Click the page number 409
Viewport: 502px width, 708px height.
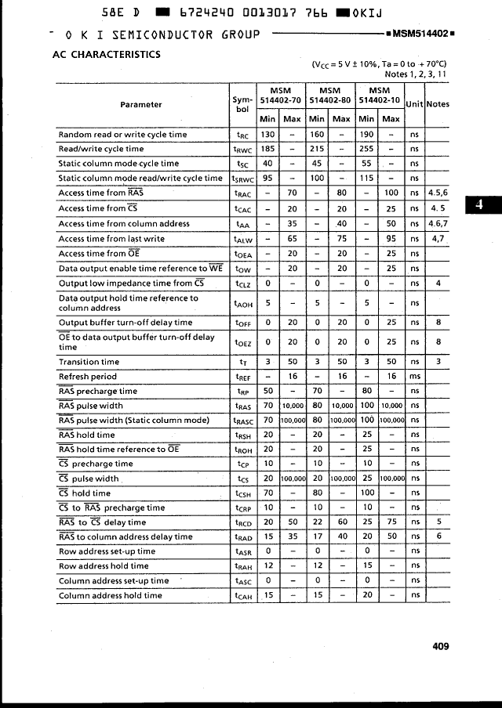pyautogui.click(x=440, y=646)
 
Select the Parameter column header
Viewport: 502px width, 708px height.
pyautogui.click(x=141, y=105)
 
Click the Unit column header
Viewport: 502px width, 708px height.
pyautogui.click(x=413, y=105)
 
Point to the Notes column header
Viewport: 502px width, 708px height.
pyautogui.click(x=438, y=105)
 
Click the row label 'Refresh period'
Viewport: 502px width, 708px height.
pyautogui.click(x=88, y=377)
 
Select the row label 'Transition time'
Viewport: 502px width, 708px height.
pyautogui.click(x=89, y=362)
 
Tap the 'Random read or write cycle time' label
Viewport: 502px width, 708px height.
pyautogui.click(x=123, y=135)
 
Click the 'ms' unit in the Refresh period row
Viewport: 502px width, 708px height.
pyautogui.click(x=414, y=377)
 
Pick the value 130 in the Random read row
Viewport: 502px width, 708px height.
pyautogui.click(x=267, y=135)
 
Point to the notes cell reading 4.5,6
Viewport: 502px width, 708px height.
pyautogui.click(x=438, y=193)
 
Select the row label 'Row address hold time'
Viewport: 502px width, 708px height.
pyautogui.click(x=104, y=566)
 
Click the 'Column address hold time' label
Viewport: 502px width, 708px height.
pyautogui.click(x=111, y=596)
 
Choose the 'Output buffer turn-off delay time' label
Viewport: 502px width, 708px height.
pyautogui.click(x=125, y=323)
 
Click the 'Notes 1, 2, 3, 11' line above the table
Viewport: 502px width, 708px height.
pyautogui.click(x=416, y=74)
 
